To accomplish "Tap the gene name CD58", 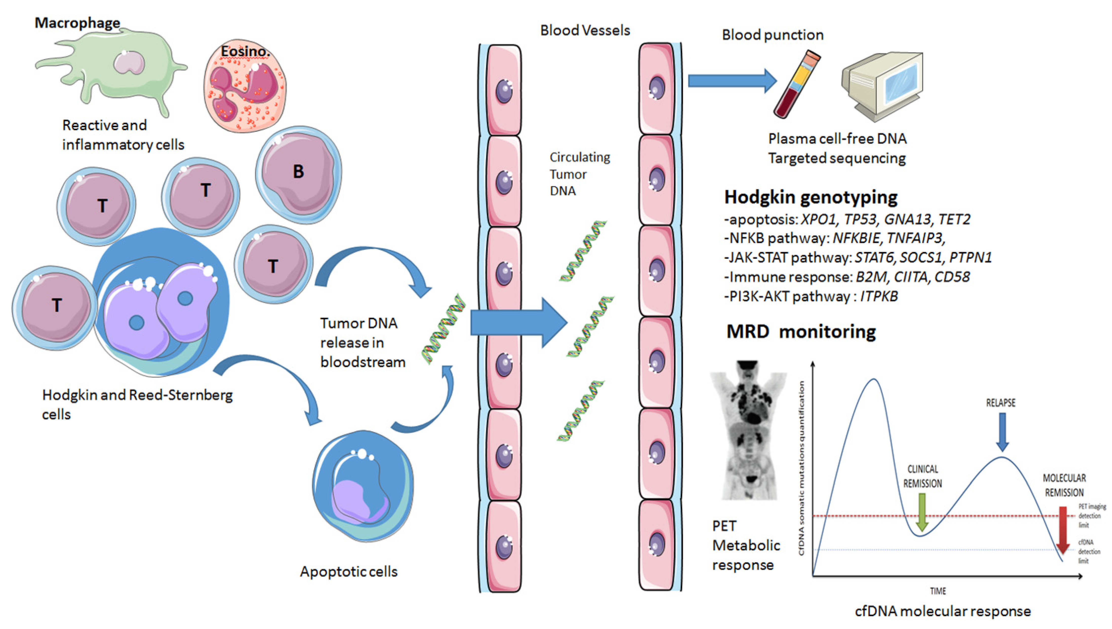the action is pyautogui.click(x=952, y=277).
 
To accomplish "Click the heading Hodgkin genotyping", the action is pyautogui.click(x=811, y=197).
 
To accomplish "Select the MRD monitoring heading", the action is pyautogui.click(x=801, y=332).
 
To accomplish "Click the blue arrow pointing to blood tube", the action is pyautogui.click(x=733, y=81).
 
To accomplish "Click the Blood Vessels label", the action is pyautogui.click(x=585, y=31).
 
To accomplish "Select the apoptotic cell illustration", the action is pyautogui.click(x=362, y=486).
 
